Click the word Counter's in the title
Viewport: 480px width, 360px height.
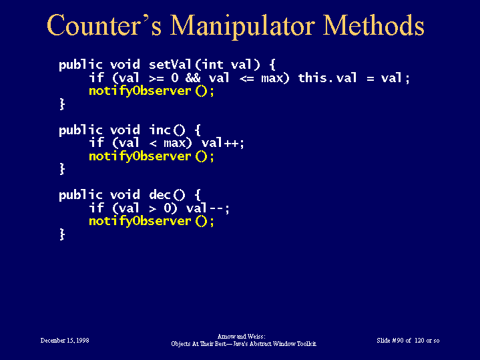pos(104,25)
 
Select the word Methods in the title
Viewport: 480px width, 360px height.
pos(374,25)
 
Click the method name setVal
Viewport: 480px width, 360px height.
pos(170,64)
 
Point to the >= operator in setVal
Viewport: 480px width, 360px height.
pos(156,78)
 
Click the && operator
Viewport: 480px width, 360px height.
pos(193,78)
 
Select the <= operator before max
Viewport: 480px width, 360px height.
pos(247,78)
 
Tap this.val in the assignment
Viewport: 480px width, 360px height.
pos(328,78)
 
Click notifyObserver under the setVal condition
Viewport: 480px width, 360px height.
pos(140,92)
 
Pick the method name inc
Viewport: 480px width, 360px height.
pos(160,130)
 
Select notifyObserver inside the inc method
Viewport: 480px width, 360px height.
pos(140,156)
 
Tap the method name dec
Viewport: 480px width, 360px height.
pos(160,195)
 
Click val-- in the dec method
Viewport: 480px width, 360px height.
pos(206,208)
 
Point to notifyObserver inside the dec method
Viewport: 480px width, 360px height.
pos(140,222)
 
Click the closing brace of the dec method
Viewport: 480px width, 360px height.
pos(62,234)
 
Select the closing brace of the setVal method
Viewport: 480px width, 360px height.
pos(62,104)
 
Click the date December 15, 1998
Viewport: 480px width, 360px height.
pos(65,341)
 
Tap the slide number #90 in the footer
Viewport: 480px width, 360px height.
pos(398,341)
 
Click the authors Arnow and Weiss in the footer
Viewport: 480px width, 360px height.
pos(241,337)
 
